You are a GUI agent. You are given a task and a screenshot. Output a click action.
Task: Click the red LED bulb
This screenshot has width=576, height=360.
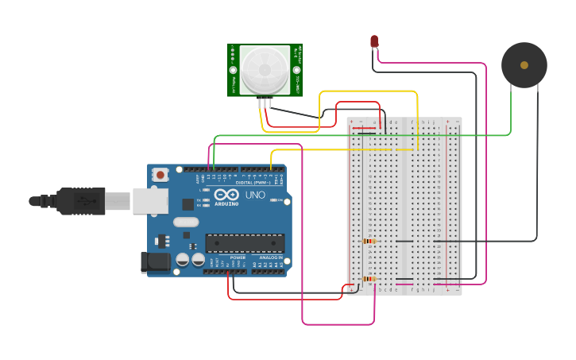pyautogui.click(x=373, y=41)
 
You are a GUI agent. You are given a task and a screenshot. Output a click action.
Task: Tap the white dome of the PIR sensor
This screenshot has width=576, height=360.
pyautogui.click(x=265, y=70)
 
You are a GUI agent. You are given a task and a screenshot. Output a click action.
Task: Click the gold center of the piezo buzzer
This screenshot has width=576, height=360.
pyautogui.click(x=524, y=65)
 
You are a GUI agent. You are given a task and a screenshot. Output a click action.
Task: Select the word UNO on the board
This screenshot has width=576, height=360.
pyautogui.click(x=255, y=195)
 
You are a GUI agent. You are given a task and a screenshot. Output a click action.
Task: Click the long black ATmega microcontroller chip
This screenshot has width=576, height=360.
pyautogui.click(x=244, y=242)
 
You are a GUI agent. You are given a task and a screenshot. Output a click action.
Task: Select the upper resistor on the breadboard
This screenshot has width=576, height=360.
pyautogui.click(x=369, y=241)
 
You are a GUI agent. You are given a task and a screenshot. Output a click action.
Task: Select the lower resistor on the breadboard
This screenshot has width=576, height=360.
pyautogui.click(x=369, y=279)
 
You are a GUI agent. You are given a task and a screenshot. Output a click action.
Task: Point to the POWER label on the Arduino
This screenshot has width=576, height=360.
pyautogui.click(x=238, y=257)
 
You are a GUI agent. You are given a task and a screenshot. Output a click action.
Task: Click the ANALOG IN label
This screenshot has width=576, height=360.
pyautogui.click(x=269, y=257)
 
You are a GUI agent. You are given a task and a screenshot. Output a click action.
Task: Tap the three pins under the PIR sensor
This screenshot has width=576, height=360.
pyautogui.click(x=265, y=103)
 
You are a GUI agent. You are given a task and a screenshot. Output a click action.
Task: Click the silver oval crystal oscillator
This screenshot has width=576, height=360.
pyautogui.click(x=185, y=223)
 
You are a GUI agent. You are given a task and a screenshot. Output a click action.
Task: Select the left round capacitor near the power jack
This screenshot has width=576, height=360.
pyautogui.click(x=183, y=259)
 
